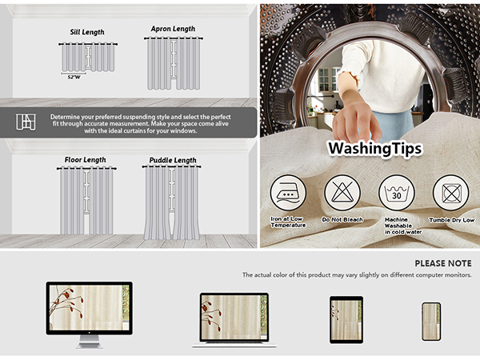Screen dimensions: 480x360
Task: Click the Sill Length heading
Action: coord(87,32)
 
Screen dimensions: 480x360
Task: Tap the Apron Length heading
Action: coord(173,29)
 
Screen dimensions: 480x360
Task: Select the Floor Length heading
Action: coord(85,160)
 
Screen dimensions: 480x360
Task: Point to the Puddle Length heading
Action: coord(173,160)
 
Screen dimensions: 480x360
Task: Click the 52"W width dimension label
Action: coord(74,77)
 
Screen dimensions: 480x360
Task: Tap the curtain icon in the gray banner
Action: coord(26,122)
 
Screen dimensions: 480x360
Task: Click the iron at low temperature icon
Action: coord(288,193)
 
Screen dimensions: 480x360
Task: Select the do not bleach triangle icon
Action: coord(342,193)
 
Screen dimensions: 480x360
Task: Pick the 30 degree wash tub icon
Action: coord(397,193)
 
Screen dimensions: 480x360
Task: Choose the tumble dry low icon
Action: coord(451,193)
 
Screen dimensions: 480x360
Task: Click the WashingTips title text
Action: coord(375,149)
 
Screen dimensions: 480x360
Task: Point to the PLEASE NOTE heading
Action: coord(443,263)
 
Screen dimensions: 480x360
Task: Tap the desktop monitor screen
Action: coord(90,308)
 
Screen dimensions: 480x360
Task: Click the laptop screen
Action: coord(234,317)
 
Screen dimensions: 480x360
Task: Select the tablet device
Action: coord(346,319)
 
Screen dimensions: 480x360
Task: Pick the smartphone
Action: coord(431,322)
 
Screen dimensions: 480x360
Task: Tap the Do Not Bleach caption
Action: coord(342,219)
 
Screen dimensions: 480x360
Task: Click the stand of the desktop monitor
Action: coord(89,342)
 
